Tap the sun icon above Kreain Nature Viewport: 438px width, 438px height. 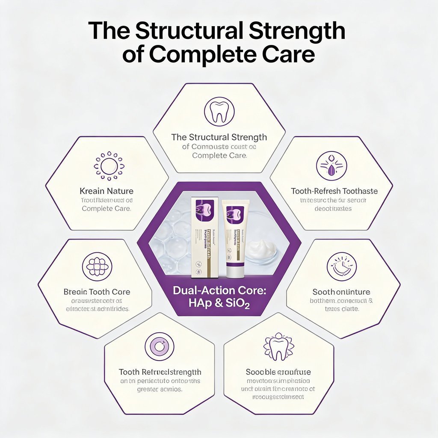(x=109, y=166)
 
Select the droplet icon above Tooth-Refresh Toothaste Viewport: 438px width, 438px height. (x=331, y=166)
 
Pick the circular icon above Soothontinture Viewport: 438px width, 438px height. (x=342, y=266)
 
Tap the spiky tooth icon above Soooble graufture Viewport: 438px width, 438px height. (x=278, y=346)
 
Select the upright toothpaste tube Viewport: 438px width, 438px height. (x=234, y=240)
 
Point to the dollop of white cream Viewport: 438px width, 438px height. (x=261, y=249)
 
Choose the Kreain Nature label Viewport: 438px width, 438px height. (x=107, y=191)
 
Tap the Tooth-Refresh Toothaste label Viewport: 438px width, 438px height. (x=334, y=191)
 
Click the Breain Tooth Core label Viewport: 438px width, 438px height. (x=97, y=292)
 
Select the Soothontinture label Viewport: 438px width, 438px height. (x=341, y=292)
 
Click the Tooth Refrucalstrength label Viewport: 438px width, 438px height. (x=160, y=372)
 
